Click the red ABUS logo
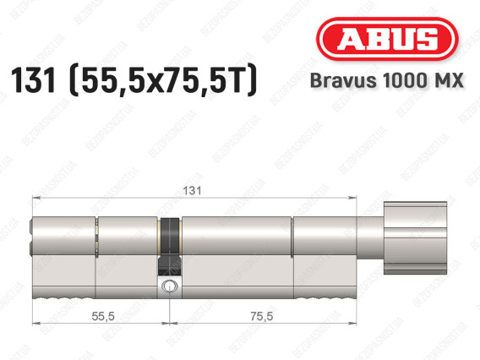tap(387, 39)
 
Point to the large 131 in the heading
tap(33, 80)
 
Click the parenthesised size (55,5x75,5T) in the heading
tap(163, 80)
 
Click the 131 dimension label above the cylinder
tap(192, 191)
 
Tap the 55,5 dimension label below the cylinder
tap(103, 316)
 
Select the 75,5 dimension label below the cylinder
tap(262, 316)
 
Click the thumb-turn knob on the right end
tap(416, 237)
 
